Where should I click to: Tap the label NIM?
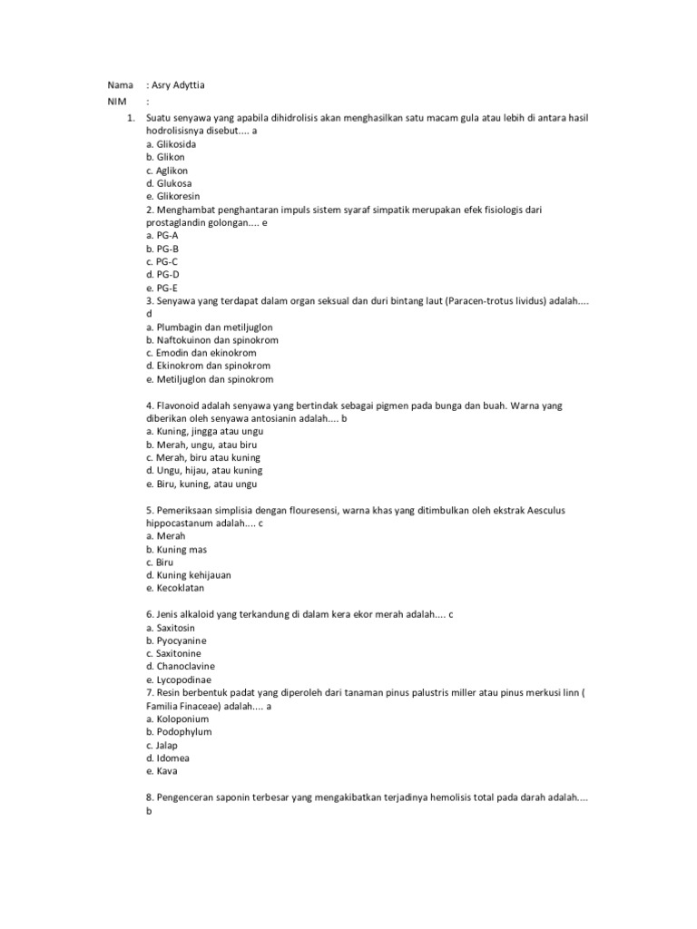click(x=115, y=102)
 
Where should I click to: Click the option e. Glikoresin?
click(x=172, y=196)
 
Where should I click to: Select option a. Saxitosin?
click(x=170, y=627)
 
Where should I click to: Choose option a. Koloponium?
click(x=175, y=719)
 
